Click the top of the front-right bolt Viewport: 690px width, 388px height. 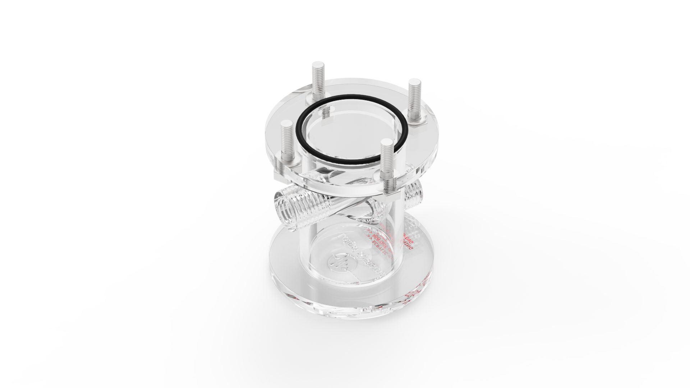point(387,143)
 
